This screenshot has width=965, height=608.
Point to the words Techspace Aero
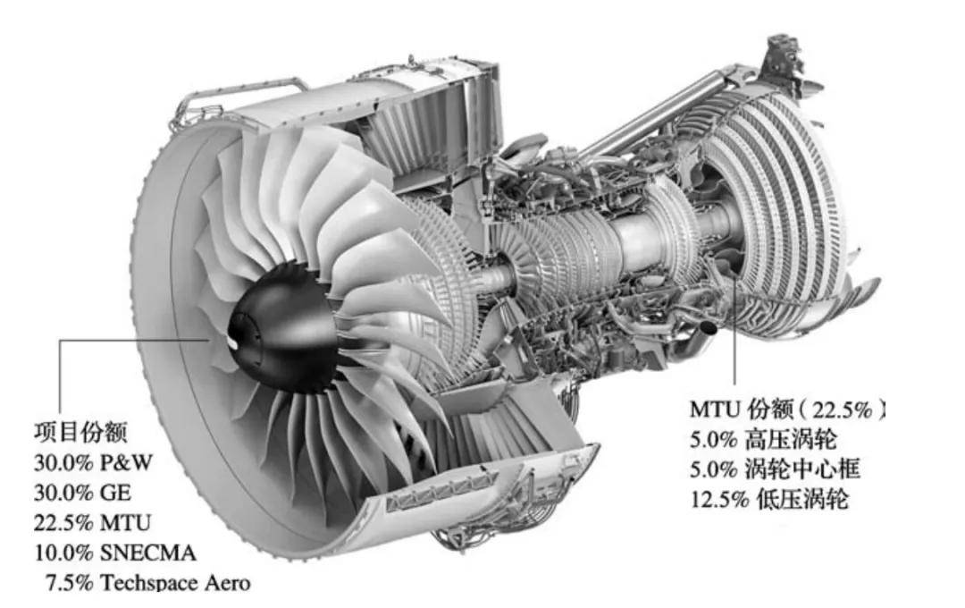pyautogui.click(x=175, y=582)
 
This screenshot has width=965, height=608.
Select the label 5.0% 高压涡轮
pyautogui.click(x=768, y=439)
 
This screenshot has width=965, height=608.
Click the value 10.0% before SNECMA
pyautogui.click(x=63, y=552)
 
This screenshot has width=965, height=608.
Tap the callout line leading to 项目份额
pyautogui.click(x=60, y=376)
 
